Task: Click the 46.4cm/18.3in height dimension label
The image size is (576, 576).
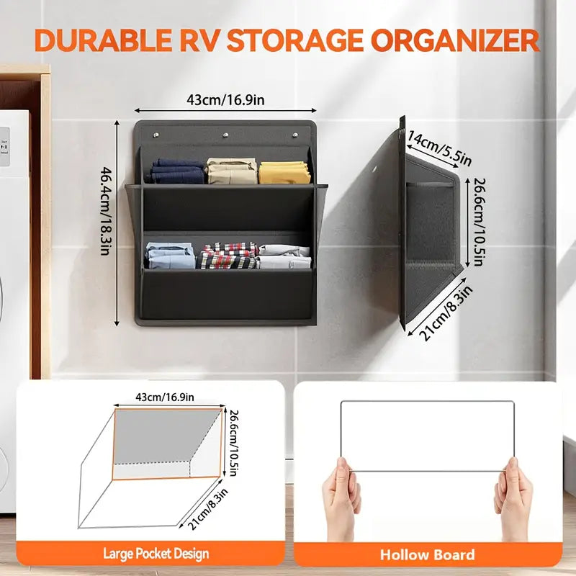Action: (109, 223)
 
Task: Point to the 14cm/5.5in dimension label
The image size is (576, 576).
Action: (439, 146)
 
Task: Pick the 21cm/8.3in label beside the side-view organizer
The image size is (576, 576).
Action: (441, 312)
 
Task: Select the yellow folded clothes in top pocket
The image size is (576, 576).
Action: (285, 171)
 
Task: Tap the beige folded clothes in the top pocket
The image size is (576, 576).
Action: (232, 171)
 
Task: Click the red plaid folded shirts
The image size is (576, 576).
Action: (228, 256)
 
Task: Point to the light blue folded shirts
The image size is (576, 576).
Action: (170, 256)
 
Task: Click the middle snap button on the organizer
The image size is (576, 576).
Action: (225, 135)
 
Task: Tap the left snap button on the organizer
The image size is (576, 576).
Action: (156, 134)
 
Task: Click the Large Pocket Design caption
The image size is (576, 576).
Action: (156, 554)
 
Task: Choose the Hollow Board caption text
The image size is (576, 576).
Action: (428, 554)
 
